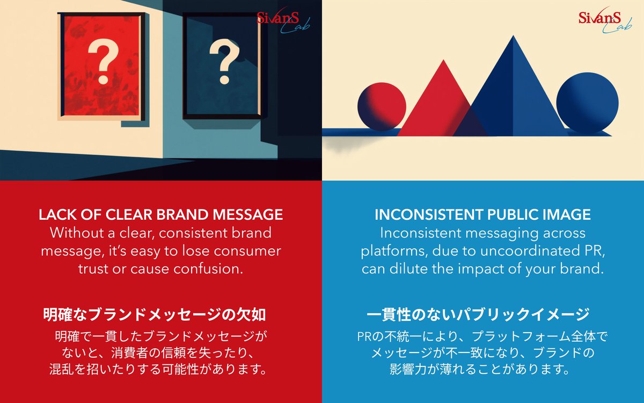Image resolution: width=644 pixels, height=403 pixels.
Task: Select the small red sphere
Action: point(381,106)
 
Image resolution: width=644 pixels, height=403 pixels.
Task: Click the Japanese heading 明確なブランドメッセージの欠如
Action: point(155,314)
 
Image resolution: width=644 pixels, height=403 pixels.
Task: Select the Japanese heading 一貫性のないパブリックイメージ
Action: point(478,314)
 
